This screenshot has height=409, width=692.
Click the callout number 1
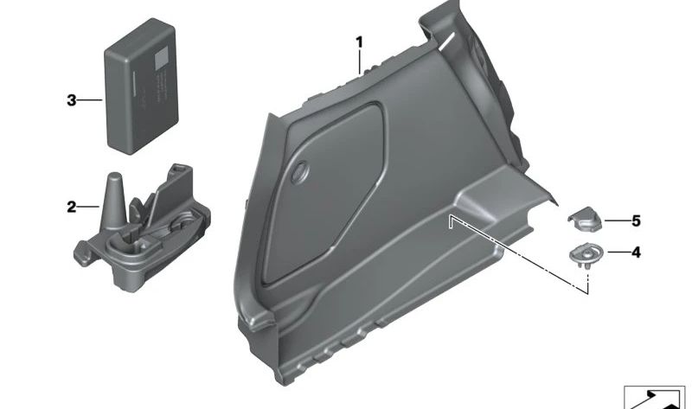pos(360,42)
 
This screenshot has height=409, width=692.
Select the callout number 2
pos(72,207)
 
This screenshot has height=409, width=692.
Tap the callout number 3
pos(72,100)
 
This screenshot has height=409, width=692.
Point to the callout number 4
pos(636,252)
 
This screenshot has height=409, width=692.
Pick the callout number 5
pos(636,220)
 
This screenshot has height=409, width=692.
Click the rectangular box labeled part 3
pos(141,86)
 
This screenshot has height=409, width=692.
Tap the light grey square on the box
pos(161,58)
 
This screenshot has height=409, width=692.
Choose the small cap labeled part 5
pos(585,220)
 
